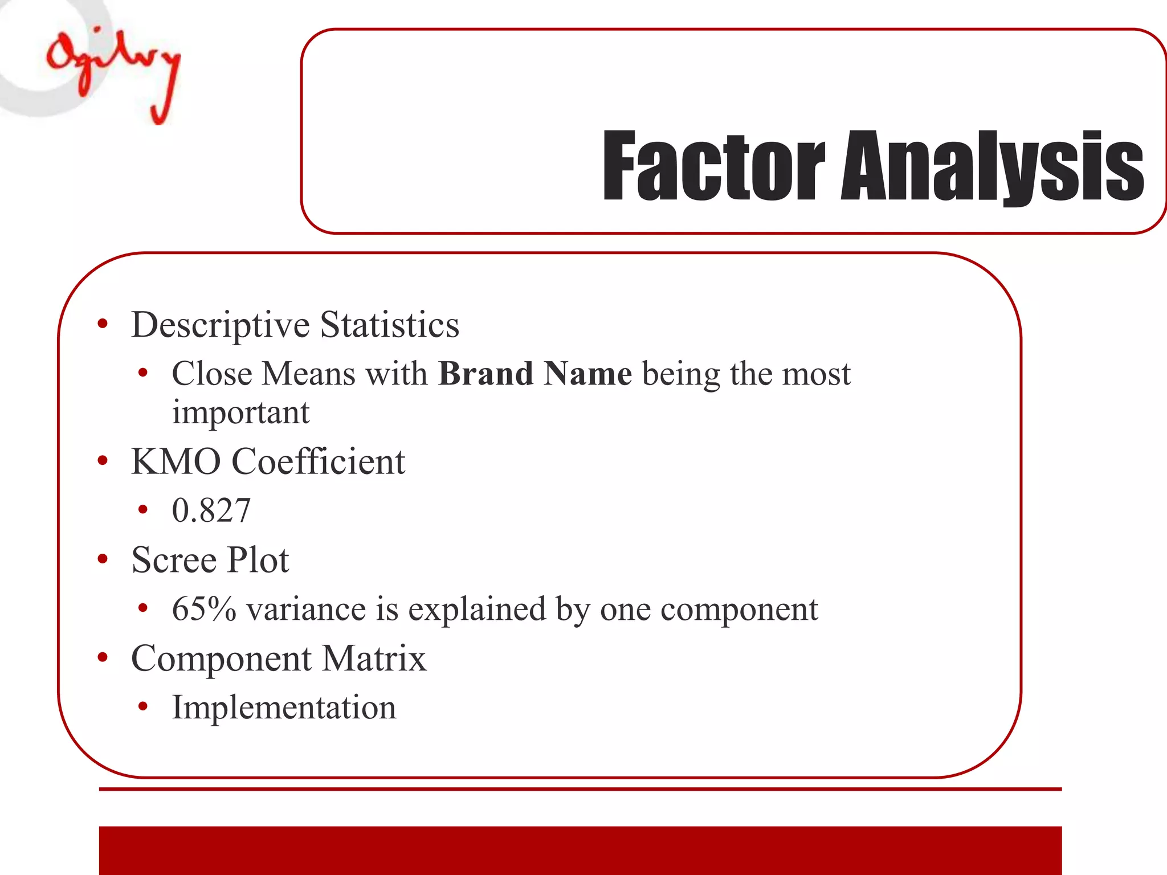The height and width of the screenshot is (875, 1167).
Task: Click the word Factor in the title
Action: pos(713,166)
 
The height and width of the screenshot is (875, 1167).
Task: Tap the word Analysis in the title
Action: pos(992,166)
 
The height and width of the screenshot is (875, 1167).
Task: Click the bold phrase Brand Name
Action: pos(535,374)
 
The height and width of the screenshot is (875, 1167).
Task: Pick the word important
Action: pos(240,412)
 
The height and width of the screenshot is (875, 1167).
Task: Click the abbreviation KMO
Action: pos(176,461)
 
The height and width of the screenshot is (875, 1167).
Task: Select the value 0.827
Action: pos(211,510)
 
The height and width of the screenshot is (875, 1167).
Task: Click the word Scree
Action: pos(174,559)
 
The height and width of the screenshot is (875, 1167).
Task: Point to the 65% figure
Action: pos(203,609)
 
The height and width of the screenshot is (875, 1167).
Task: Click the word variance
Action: pos(306,609)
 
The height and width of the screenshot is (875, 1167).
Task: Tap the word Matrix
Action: pos(374,659)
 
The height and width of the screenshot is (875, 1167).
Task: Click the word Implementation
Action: pos(284,708)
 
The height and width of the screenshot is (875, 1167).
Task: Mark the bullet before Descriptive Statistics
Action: pos(103,324)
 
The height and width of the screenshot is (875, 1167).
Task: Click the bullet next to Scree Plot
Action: pos(103,559)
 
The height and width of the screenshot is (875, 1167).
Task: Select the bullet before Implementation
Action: pos(143,707)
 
